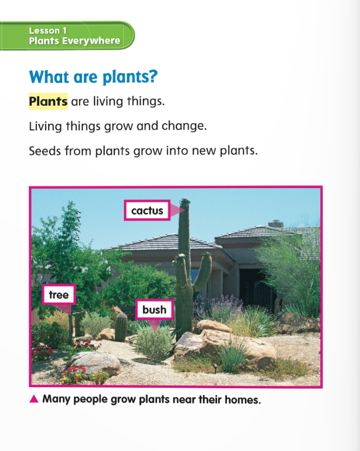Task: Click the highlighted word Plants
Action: click(48, 101)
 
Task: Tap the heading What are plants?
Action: click(93, 77)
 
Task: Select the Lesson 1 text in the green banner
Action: click(48, 31)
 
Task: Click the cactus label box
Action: click(147, 211)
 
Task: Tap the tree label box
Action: click(59, 294)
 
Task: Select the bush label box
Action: click(154, 310)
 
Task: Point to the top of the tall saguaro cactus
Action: click(185, 200)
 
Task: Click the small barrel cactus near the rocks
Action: click(121, 327)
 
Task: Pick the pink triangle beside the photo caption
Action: click(34, 399)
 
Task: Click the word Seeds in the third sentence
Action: click(45, 151)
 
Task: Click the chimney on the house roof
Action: click(275, 224)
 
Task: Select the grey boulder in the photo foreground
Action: click(94, 363)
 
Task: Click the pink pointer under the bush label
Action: click(154, 326)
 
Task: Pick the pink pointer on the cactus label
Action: click(176, 211)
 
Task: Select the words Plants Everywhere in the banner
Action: click(75, 41)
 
